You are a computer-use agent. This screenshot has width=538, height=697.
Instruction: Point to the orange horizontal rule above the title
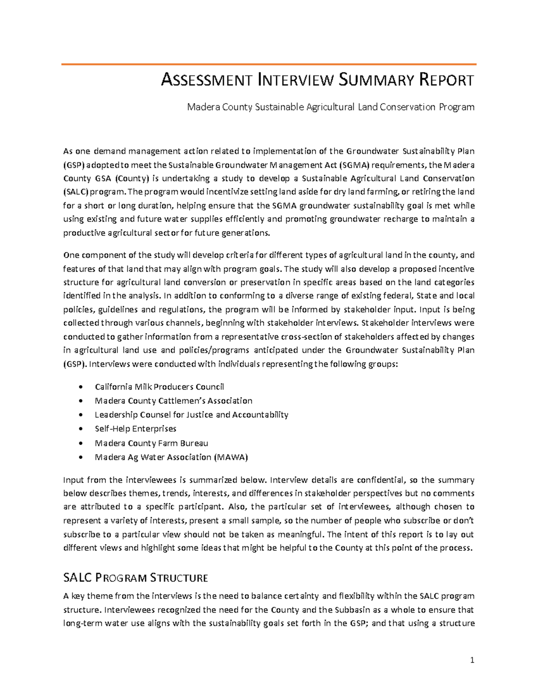point(269,65)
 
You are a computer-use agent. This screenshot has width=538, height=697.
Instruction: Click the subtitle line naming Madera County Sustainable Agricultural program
point(330,107)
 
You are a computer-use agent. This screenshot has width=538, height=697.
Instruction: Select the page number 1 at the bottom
point(472,660)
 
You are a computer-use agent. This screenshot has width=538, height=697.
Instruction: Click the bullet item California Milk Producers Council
point(159,386)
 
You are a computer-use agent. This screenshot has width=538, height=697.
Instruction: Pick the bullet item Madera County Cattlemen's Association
point(174,400)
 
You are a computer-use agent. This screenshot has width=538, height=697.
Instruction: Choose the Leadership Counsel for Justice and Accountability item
point(191,414)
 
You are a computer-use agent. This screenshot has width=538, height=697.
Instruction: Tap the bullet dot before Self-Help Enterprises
point(81,429)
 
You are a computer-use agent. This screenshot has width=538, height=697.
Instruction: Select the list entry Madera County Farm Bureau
point(152,443)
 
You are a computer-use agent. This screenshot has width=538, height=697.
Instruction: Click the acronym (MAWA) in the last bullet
point(231,457)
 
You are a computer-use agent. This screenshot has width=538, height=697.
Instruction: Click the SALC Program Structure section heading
point(136,577)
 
